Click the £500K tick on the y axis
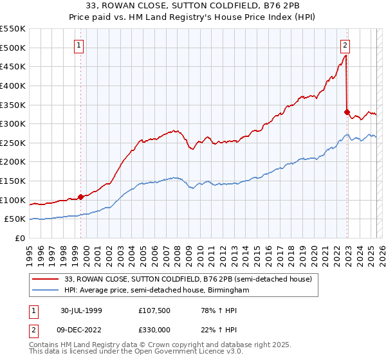13,48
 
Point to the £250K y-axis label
13,143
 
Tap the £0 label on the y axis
21,238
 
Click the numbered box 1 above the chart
78,45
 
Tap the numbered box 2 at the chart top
345,45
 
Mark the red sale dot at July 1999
81,197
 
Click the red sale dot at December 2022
347,112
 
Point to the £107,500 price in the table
155,310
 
